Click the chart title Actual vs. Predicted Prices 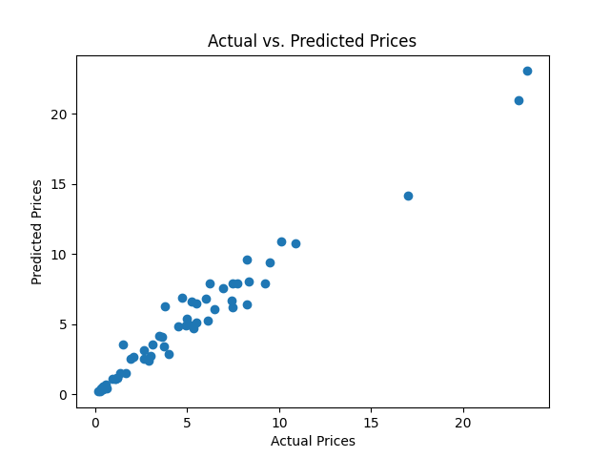pyautogui.click(x=312, y=41)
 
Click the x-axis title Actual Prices pyautogui.click(x=313, y=441)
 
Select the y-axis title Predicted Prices pyautogui.click(x=37, y=232)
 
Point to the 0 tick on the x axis pyautogui.click(x=95, y=422)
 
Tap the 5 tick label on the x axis pyautogui.click(x=187, y=422)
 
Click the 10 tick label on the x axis pyautogui.click(x=279, y=422)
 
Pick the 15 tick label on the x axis pyautogui.click(x=371, y=422)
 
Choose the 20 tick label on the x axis pyautogui.click(x=463, y=422)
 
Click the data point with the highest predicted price pyautogui.click(x=527, y=71)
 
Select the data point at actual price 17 pyautogui.click(x=408, y=196)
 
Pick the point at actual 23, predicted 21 pyautogui.click(x=518, y=100)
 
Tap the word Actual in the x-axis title pyautogui.click(x=289, y=441)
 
